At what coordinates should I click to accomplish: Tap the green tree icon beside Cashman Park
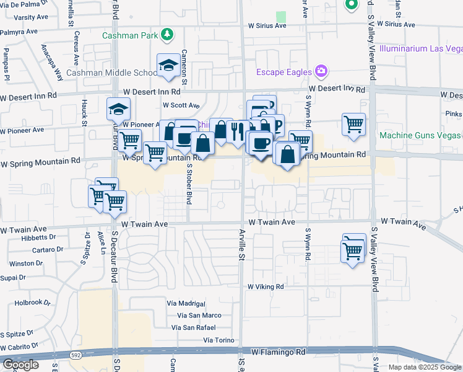[166, 35]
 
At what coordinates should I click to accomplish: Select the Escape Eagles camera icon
[321, 72]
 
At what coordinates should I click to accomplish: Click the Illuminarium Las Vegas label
[420, 48]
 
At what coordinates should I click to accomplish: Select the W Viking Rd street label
[265, 287]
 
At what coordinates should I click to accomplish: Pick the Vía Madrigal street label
[186, 303]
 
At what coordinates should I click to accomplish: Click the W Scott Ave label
[181, 105]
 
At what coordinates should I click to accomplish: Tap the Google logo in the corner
[20, 365]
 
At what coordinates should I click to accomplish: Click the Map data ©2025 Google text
[425, 367]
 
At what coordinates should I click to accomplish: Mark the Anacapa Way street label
[52, 63]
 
